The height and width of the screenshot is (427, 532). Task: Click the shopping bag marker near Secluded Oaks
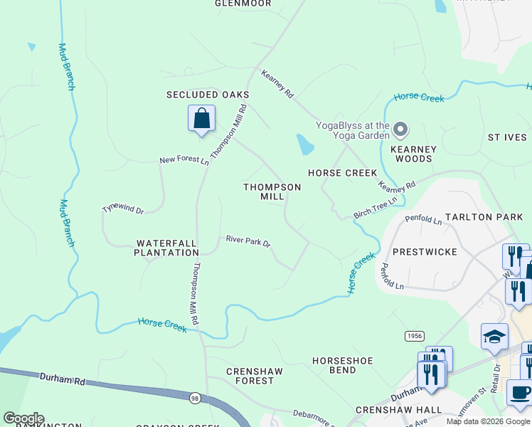201,119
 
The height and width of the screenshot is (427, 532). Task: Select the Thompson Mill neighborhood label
272,191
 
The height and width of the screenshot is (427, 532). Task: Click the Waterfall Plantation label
166,248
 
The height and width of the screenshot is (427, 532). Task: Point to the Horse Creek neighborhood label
342,173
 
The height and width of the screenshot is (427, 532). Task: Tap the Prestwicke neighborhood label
425,252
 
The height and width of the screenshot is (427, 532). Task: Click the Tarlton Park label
484,216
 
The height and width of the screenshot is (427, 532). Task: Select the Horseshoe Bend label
343,366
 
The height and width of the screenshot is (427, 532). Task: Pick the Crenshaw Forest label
255,376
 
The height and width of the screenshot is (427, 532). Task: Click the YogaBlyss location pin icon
400,130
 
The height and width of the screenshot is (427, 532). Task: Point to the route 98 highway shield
195,399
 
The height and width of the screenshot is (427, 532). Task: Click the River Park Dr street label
248,242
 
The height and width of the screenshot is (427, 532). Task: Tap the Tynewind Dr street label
123,210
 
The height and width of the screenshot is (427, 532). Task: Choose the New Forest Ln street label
184,160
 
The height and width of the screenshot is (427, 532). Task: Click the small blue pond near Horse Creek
304,145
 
